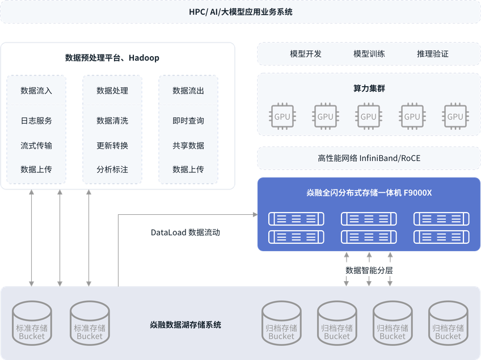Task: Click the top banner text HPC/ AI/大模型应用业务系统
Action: pos(241,12)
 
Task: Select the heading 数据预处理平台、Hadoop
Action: pos(112,58)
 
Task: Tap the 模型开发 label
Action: pos(306,54)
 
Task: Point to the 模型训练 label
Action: pos(369,54)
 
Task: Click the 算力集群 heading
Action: pos(369,88)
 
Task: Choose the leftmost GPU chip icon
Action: pos(282,117)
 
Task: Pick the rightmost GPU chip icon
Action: pos(455,117)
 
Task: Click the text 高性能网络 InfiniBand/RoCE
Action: pos(369,158)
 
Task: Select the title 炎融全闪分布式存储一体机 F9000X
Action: pos(369,193)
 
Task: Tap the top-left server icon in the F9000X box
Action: pos(296,219)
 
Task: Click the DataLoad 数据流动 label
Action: pos(185,232)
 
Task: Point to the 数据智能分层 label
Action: pos(369,270)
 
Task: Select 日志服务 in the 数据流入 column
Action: pos(36,121)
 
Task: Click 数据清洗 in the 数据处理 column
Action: pos(112,121)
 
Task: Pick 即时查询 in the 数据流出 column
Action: pos(188,121)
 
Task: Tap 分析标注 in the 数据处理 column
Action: pos(112,170)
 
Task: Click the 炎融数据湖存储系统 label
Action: pos(185,325)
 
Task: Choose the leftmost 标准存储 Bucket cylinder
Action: pos(32,323)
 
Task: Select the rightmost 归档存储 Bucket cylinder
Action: pos(448,323)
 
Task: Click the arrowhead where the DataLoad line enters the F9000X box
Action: pos(255,215)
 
